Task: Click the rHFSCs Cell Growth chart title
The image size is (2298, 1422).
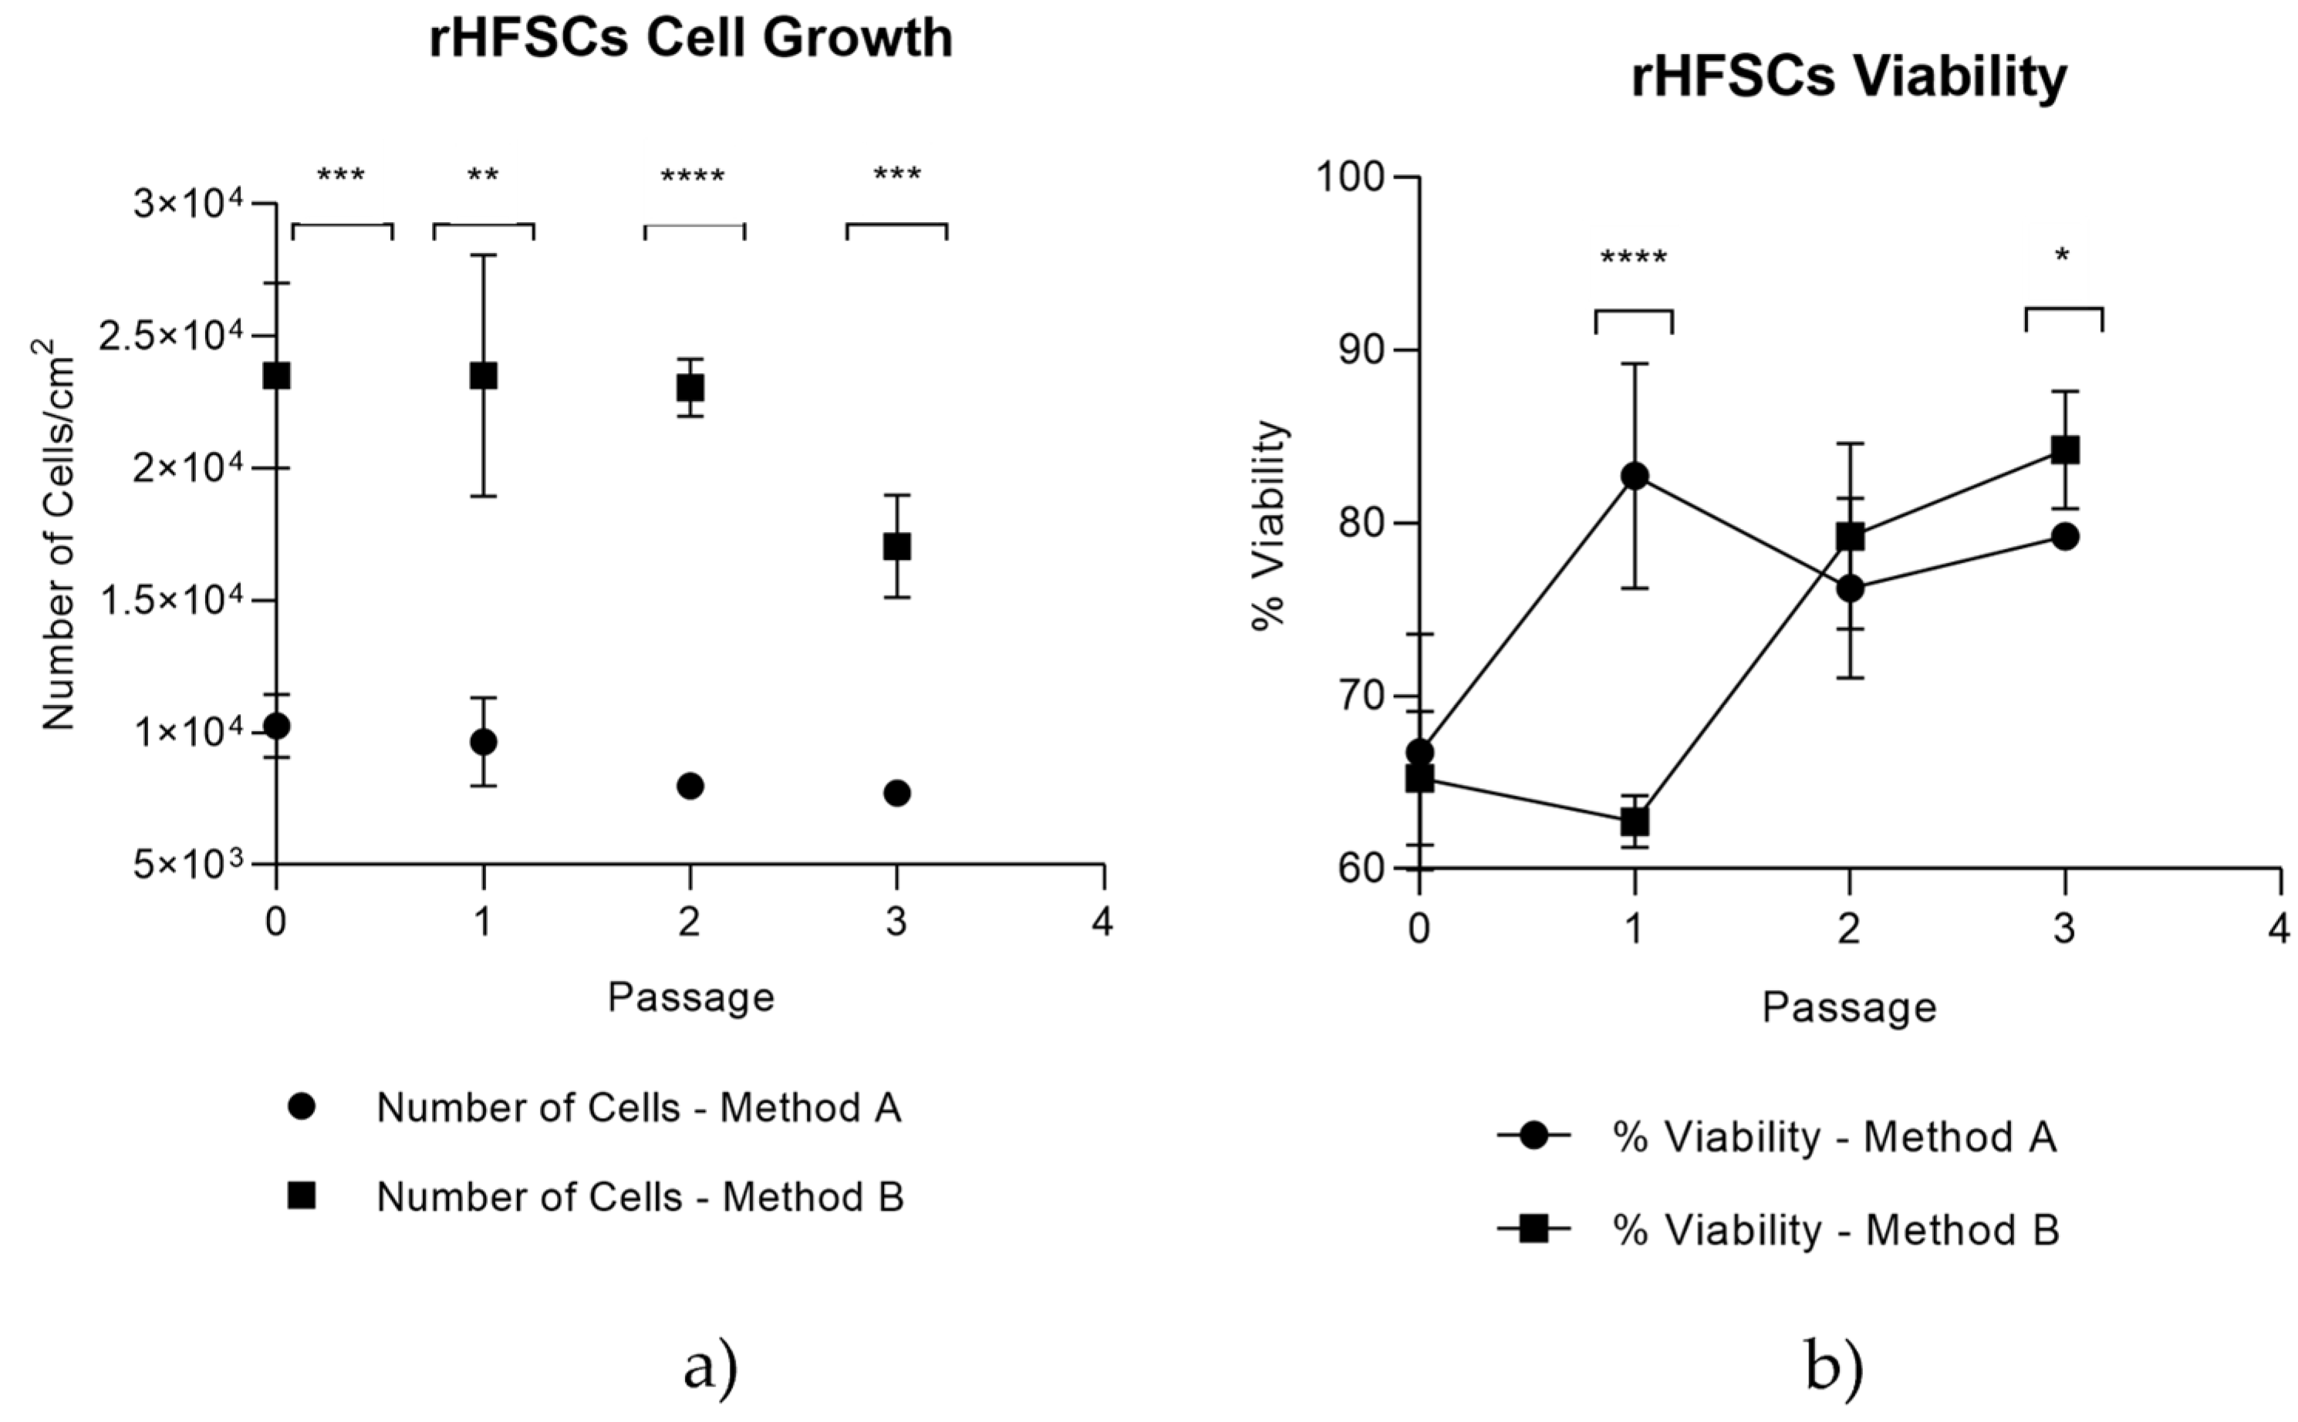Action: pyautogui.click(x=690, y=39)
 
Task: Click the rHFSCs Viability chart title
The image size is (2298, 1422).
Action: pyautogui.click(x=1848, y=77)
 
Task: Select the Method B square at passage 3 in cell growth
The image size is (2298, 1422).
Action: pyautogui.click(x=896, y=547)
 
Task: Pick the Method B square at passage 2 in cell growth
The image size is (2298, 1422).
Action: pyautogui.click(x=690, y=387)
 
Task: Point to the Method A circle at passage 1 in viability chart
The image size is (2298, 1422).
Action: pyautogui.click(x=1635, y=476)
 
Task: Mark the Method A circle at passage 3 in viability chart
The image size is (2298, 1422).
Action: pyautogui.click(x=2065, y=537)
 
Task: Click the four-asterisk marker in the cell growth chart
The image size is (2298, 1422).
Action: pyautogui.click(x=692, y=177)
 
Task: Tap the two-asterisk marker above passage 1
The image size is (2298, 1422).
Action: pyautogui.click(x=483, y=176)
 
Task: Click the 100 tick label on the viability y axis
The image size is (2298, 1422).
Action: pyautogui.click(x=1351, y=177)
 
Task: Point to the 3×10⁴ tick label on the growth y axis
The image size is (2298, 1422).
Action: pyautogui.click(x=188, y=203)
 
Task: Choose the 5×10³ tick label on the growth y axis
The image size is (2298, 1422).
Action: pyautogui.click(x=188, y=864)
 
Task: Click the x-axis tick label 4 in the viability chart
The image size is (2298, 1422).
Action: pyautogui.click(x=2278, y=930)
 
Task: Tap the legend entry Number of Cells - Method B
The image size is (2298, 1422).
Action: pyautogui.click(x=639, y=1198)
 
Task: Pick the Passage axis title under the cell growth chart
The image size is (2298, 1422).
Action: pyautogui.click(x=690, y=997)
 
